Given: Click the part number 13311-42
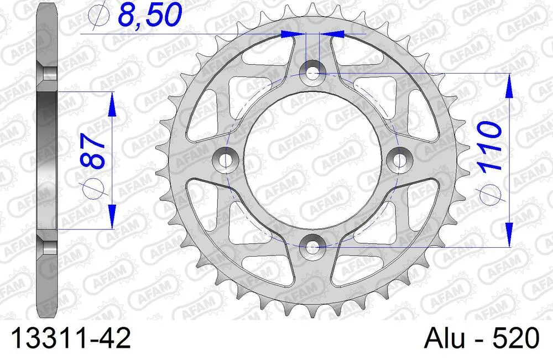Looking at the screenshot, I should [68, 338].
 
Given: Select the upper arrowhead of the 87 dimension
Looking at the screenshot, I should [112, 103].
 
